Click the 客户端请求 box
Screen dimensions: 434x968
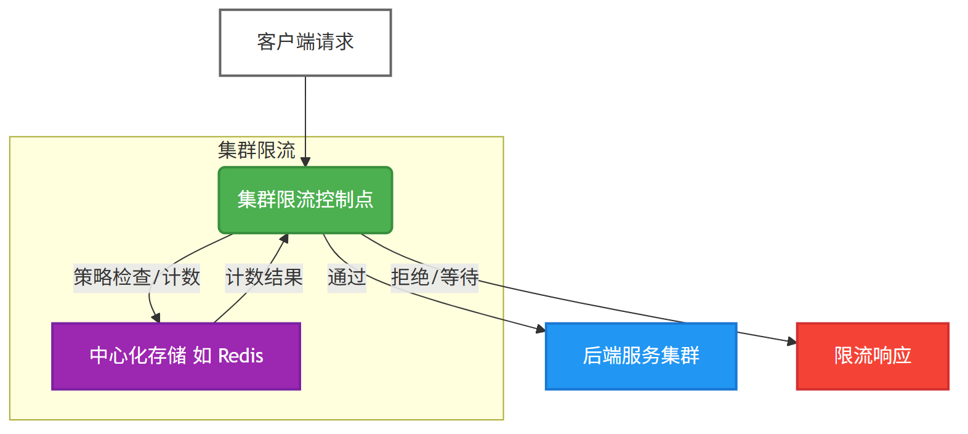(305, 43)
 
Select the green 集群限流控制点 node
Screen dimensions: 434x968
(305, 200)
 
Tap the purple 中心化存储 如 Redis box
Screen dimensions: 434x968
(176, 356)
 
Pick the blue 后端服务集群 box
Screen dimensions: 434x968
(641, 356)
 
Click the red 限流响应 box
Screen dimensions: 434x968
(873, 356)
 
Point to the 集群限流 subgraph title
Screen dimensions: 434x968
(257, 150)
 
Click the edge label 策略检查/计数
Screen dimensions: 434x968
(137, 277)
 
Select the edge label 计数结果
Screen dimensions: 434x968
(264, 277)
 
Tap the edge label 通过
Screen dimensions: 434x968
(347, 277)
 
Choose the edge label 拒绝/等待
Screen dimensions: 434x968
(435, 277)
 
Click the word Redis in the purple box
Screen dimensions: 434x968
(241, 356)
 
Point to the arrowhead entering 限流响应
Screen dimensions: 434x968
(792, 342)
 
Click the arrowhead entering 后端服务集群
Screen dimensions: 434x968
(541, 330)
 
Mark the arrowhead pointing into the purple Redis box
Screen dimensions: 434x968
(156, 317)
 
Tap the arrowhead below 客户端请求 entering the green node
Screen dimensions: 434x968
(305, 162)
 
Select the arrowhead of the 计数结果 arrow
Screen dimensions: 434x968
(284, 239)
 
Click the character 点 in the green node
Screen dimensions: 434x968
(365, 200)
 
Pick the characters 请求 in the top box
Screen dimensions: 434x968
(335, 43)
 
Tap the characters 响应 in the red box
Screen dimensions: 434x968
(892, 356)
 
